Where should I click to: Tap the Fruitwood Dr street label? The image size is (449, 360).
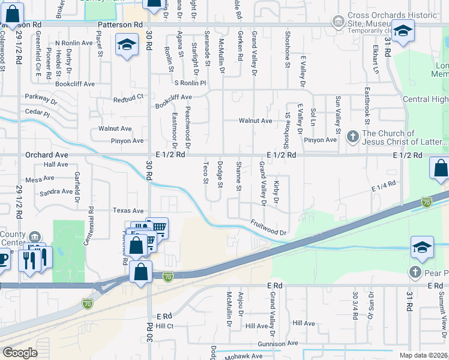(267, 227)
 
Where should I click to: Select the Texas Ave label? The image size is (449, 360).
(129, 211)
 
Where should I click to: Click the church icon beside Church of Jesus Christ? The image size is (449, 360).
(352, 137)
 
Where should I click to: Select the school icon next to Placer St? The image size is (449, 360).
(127, 46)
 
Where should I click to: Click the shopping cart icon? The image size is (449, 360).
(158, 227)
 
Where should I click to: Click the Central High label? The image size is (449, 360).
(425, 99)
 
